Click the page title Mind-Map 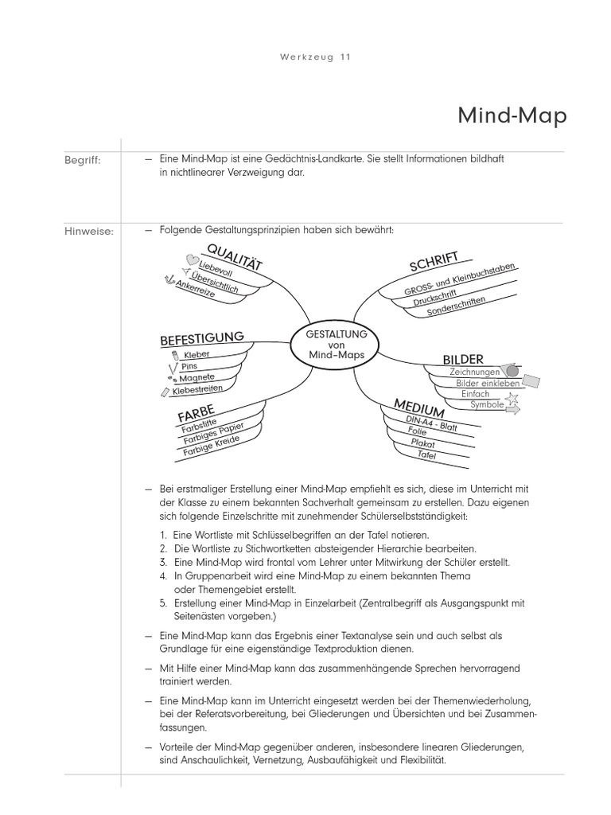coord(512,116)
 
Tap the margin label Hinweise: coord(88,232)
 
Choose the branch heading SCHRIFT coord(434,261)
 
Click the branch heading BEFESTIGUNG coord(202,338)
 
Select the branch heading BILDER coord(463,359)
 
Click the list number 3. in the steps coord(162,562)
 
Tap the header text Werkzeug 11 coord(316,57)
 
